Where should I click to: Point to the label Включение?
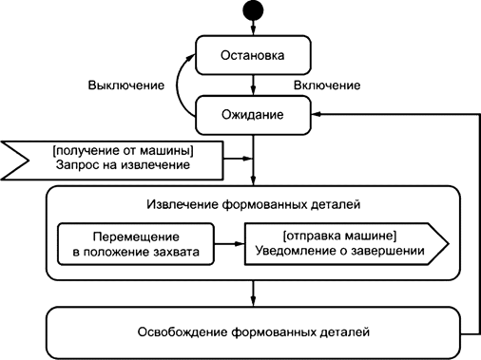pyautogui.click(x=327, y=85)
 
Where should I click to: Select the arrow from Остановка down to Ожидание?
pyautogui.click(x=254, y=84)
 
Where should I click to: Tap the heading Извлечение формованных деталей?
pyautogui.click(x=254, y=205)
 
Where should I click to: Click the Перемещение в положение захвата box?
pyautogui.click(x=134, y=243)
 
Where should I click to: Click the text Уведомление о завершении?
pyautogui.click(x=338, y=252)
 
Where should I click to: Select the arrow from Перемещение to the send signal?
pyautogui.click(x=228, y=243)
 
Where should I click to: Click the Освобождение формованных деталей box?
pyautogui.click(x=254, y=332)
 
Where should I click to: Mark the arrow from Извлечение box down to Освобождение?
pyautogui.click(x=254, y=293)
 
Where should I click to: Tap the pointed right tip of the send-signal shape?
pyautogui.click(x=447, y=243)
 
